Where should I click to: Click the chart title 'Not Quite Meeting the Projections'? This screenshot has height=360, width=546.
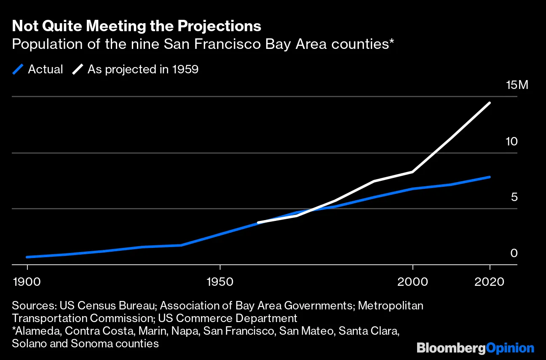136,26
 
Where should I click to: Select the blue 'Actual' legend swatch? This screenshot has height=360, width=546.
18,69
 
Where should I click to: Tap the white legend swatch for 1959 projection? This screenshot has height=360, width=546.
78,69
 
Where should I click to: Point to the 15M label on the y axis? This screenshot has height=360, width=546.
517,85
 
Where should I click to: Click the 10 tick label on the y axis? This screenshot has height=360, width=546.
511,141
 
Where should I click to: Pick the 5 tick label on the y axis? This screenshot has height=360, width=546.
514,197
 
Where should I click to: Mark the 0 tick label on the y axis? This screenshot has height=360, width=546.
514,253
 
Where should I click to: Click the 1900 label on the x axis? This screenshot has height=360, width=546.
27,282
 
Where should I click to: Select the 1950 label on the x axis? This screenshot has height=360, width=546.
220,282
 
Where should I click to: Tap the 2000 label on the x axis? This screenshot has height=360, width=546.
413,282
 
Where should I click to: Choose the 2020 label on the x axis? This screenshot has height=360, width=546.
490,282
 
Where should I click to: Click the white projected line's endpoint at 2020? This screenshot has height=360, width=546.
490,103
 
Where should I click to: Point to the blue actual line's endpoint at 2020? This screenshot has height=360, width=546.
490,177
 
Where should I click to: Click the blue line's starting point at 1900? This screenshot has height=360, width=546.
27,257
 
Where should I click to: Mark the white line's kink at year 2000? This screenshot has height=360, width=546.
413,172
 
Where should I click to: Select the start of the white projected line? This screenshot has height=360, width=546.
258,222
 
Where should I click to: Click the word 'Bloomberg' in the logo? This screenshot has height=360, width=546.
450,348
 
